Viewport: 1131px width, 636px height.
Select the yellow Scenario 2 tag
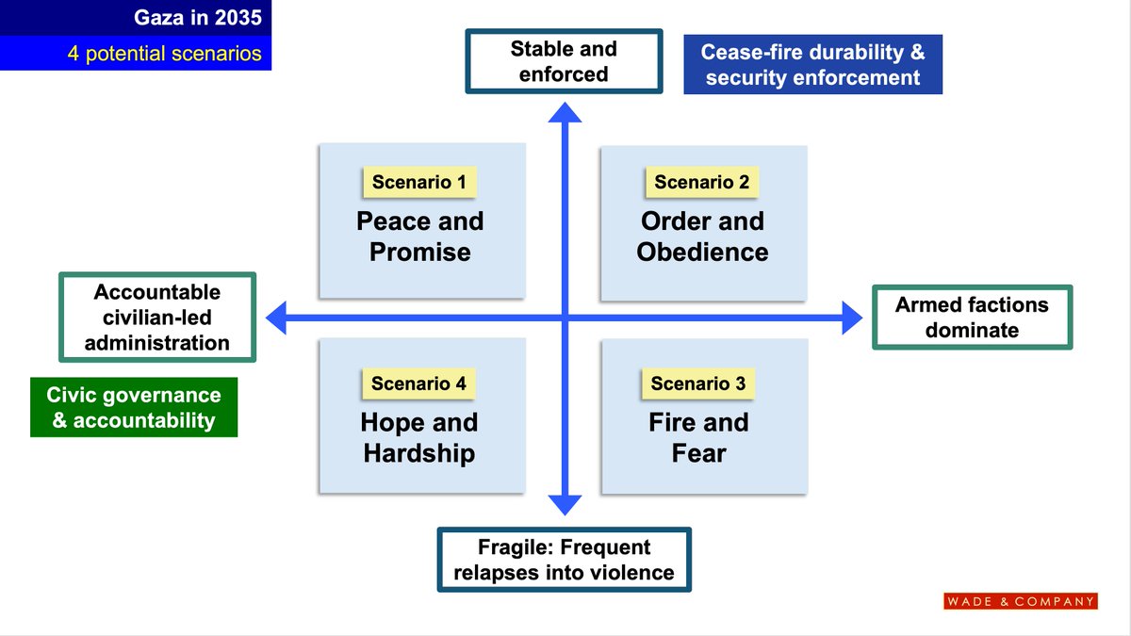(701, 182)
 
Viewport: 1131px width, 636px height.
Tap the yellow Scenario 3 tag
(698, 383)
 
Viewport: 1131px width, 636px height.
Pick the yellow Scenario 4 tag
(418, 383)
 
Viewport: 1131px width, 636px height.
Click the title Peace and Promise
(419, 236)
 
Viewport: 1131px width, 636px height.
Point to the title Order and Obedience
(702, 236)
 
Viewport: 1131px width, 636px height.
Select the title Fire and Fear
(698, 437)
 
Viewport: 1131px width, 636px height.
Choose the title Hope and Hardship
(419, 437)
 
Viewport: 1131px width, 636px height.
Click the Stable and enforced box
(564, 61)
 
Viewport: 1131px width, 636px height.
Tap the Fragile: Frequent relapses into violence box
(564, 560)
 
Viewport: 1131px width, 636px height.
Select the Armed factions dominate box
(972, 317)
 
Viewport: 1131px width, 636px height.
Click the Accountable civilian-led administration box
(157, 317)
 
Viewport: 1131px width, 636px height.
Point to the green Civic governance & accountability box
(134, 408)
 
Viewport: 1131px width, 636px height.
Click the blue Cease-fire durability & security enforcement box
(812, 64)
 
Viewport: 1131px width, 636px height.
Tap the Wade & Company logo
(1021, 601)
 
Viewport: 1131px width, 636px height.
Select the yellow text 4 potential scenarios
(164, 53)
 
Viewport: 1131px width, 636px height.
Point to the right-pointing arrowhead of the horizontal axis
(850, 318)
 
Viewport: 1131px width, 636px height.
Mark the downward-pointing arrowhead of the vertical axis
(565, 503)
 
